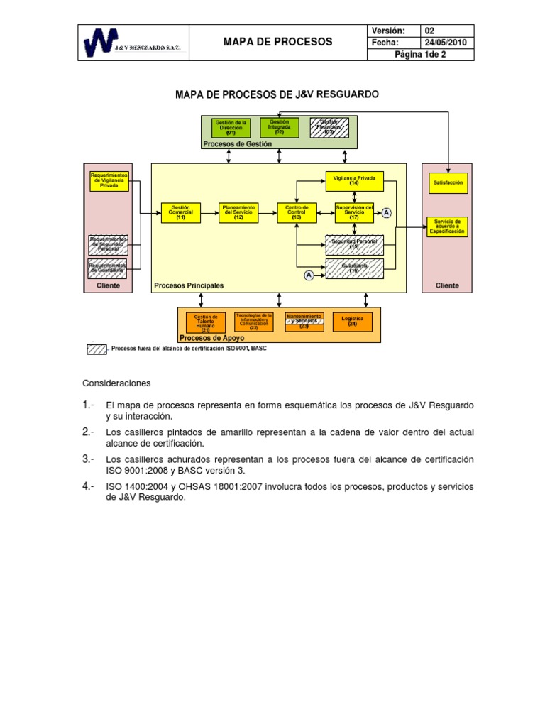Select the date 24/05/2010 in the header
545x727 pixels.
[448, 43]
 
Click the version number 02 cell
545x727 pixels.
[448, 31]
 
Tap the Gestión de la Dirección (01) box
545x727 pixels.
[231, 128]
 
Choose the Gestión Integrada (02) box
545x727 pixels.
[279, 128]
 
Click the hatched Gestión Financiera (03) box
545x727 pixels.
[329, 128]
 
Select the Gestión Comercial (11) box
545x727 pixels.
[181, 213]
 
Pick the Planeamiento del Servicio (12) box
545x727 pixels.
[238, 213]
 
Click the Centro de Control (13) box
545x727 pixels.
[297, 213]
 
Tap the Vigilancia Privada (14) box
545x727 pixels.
[354, 181]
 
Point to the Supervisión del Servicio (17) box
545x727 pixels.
[354, 213]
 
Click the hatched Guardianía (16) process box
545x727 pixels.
[354, 269]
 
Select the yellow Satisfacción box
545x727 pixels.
[448, 182]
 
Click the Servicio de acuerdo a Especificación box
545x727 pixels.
[448, 226]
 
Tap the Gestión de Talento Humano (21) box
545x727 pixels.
[206, 323]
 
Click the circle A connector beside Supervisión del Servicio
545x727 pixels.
[387, 213]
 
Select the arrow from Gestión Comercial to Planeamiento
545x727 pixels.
[210, 213]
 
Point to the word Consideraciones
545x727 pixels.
[117, 383]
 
